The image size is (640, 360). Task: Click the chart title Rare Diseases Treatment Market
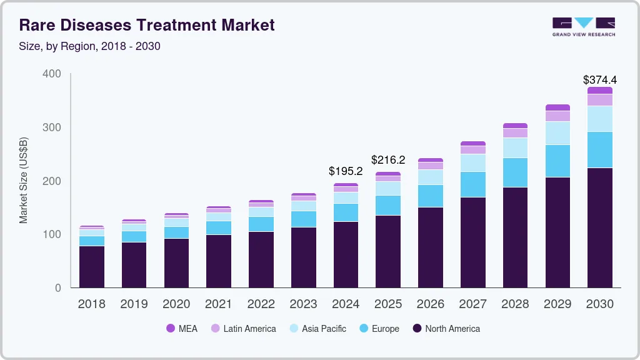coord(147,26)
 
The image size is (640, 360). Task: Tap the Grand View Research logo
coord(583,26)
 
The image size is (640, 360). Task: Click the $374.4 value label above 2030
coord(599,80)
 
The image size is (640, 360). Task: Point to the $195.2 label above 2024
coord(346,171)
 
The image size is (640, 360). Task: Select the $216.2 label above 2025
coord(388,160)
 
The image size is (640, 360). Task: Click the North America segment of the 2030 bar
coord(599,227)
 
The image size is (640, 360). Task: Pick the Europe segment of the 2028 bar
coord(515,172)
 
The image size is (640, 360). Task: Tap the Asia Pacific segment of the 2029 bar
coord(557,133)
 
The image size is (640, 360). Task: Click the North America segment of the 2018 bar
coord(91,267)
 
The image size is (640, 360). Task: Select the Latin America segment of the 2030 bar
coord(599,100)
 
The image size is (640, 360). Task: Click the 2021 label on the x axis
coord(218,304)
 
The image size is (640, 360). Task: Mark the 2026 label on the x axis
coord(430,304)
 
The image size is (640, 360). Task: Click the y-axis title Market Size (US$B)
coord(24,180)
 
